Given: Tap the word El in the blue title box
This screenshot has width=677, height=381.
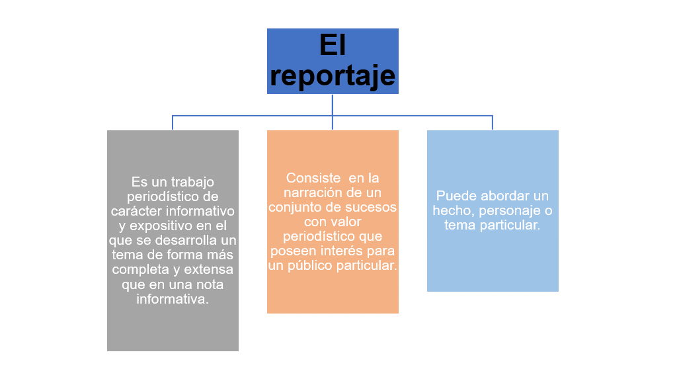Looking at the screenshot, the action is click(x=333, y=44).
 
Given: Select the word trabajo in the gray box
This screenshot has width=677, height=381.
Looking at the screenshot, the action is click(x=191, y=183).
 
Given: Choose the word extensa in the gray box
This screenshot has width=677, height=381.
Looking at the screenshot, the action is click(x=209, y=270).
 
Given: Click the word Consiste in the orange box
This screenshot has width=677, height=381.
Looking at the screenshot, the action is click(x=313, y=178).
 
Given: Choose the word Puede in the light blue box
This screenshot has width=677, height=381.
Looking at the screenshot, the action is click(x=456, y=196).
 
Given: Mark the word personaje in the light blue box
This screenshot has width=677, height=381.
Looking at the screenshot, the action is click(x=510, y=211).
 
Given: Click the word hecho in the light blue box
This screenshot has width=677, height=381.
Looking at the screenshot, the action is click(x=454, y=211).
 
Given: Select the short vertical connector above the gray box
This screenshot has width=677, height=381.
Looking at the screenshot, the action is click(x=173, y=122).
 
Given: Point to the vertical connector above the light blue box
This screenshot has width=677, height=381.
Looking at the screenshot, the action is click(x=492, y=122).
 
